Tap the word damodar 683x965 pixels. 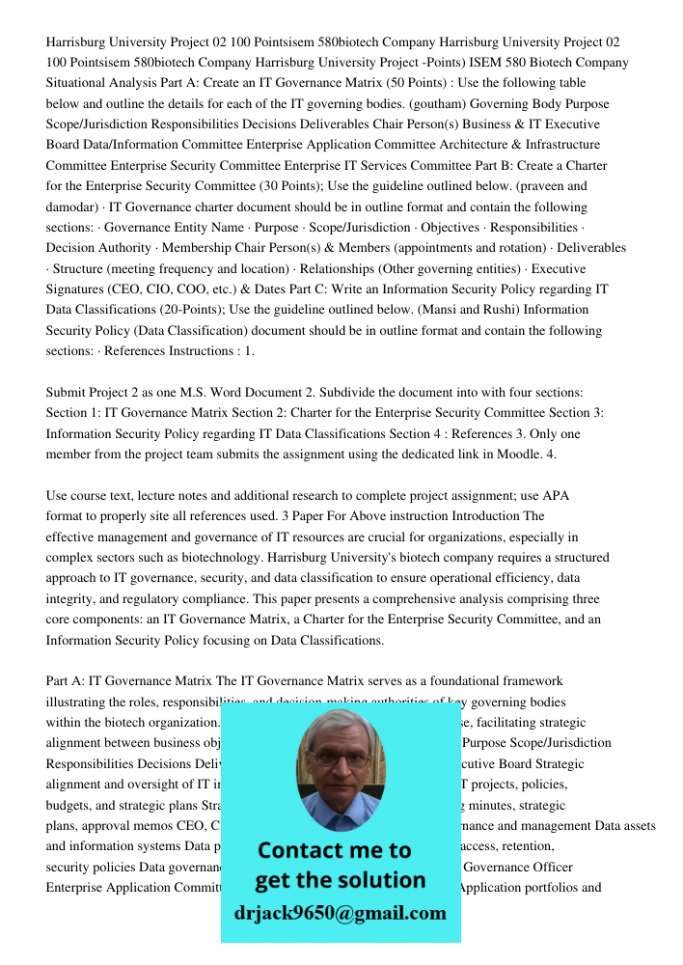tap(74, 207)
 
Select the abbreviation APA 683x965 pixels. tap(557, 496)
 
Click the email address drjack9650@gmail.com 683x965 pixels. tap(341, 913)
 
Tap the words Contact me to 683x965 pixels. tap(335, 850)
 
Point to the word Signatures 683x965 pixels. tap(81, 289)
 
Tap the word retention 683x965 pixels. tap(532, 846)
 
